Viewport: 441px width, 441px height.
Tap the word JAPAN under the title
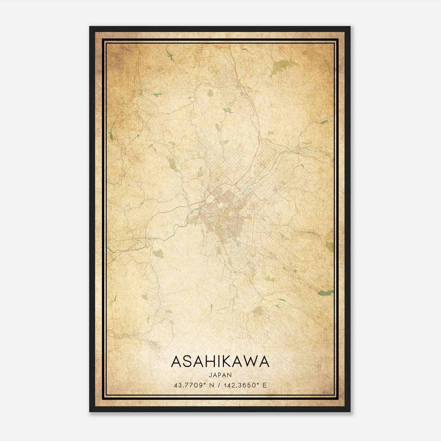point(220,375)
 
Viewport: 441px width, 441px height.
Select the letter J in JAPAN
point(210,375)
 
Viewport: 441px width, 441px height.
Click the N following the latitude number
point(212,385)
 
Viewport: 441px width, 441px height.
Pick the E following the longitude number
point(265,385)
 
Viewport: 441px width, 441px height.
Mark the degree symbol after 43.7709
point(205,384)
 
